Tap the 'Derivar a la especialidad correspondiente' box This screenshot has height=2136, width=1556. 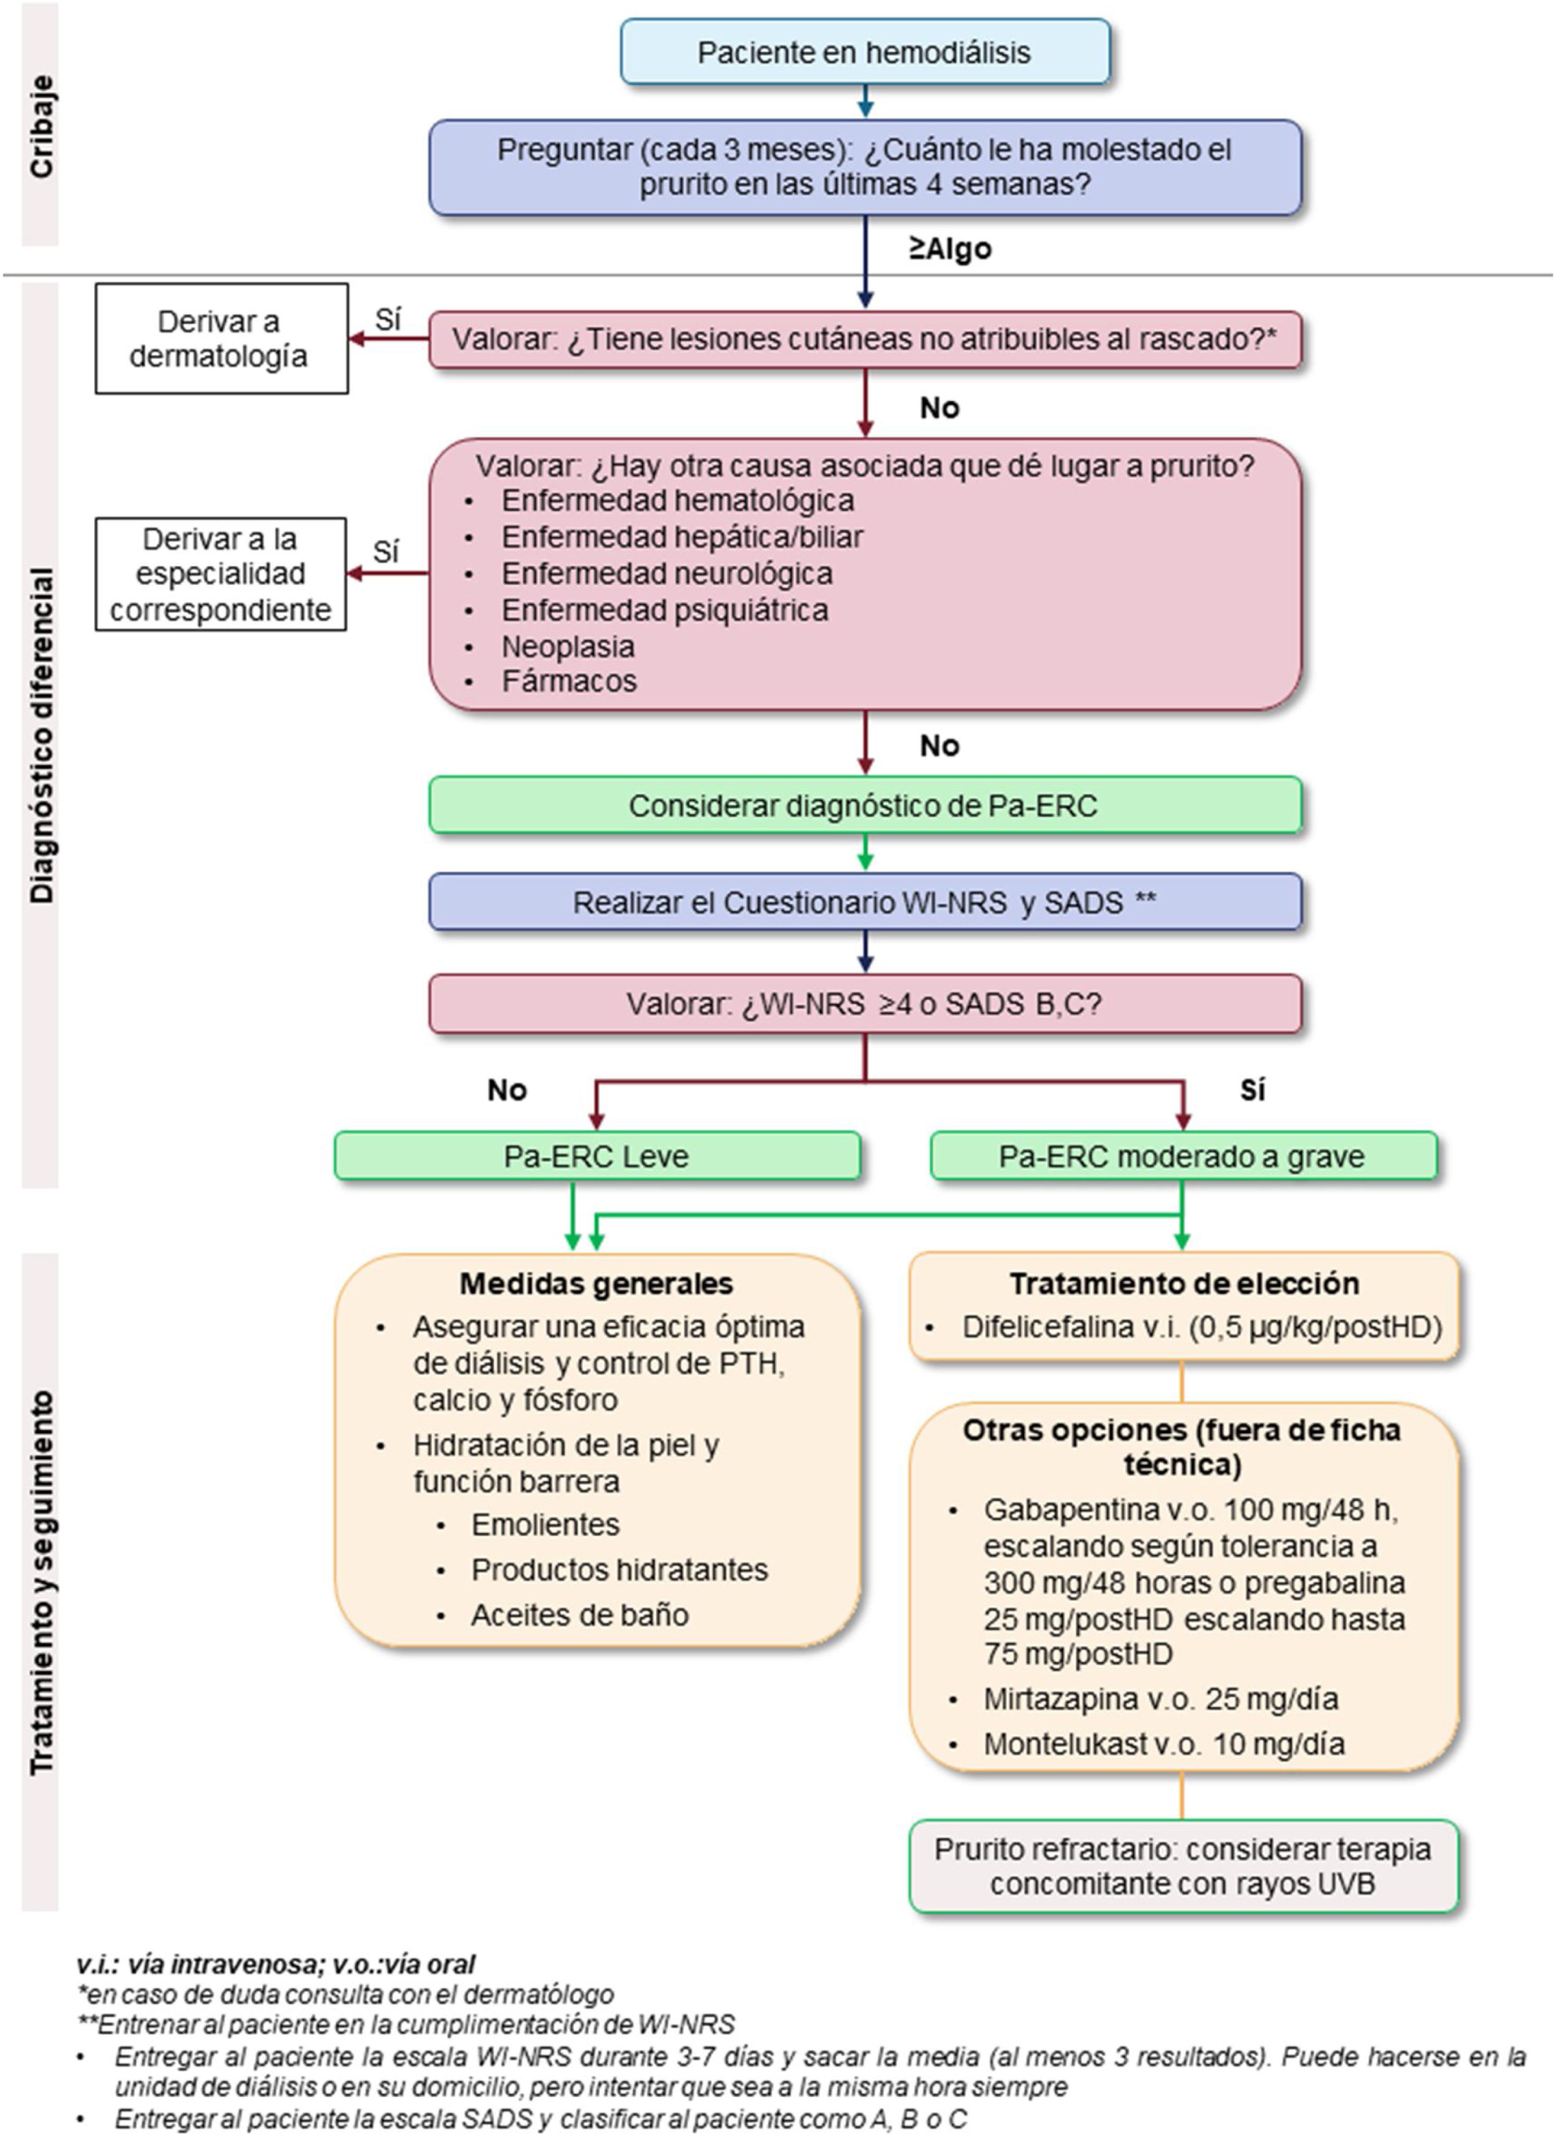pyautogui.click(x=220, y=574)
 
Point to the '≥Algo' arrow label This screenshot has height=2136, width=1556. pyautogui.click(x=950, y=249)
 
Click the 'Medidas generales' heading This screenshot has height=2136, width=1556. pyautogui.click(x=596, y=1283)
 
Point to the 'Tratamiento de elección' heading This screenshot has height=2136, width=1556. pyautogui.click(x=1184, y=1283)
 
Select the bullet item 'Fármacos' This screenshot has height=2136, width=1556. pyautogui.click(x=569, y=681)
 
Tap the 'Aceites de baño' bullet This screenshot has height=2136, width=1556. pyautogui.click(x=579, y=1615)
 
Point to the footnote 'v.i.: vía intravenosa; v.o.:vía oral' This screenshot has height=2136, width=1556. pyautogui.click(x=276, y=1964)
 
